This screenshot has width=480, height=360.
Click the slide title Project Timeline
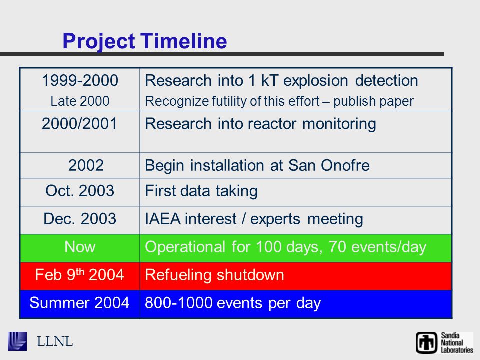145,41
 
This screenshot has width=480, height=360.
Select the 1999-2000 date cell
80,81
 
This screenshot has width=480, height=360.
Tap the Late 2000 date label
80,101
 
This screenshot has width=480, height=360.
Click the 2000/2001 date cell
79,124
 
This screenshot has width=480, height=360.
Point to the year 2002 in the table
86,165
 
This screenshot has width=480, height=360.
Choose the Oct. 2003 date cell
80,191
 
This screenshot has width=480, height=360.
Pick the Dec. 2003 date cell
80,219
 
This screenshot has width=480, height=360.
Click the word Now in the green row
80,247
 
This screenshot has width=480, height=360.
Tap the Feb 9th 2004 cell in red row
79,274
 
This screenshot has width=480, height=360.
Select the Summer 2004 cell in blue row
79,303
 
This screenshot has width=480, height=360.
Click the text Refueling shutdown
214,275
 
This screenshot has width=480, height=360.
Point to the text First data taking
201,191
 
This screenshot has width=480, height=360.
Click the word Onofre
345,165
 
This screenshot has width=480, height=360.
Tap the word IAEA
163,219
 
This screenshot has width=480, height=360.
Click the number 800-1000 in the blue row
179,303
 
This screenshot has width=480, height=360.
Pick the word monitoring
339,124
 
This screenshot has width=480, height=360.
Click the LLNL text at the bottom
55,341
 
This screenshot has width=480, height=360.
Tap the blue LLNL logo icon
17,341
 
